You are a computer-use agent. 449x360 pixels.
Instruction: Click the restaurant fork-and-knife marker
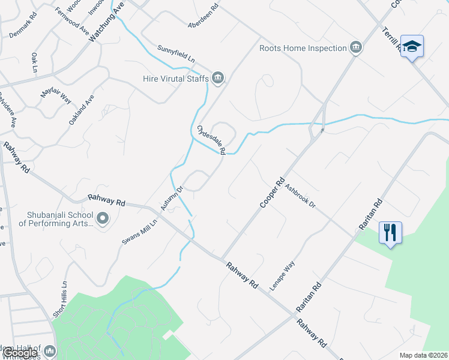coord(390,232)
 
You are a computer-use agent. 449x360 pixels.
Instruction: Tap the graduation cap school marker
coord(412,46)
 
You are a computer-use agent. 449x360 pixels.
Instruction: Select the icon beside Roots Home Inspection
coord(356,48)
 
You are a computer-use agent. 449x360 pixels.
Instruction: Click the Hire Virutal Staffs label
coord(176,78)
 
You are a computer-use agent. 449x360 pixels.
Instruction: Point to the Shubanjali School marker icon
coord(102,219)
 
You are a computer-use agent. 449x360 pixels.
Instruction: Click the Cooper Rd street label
coord(271,193)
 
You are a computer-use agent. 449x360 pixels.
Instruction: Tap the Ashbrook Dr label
coord(300,196)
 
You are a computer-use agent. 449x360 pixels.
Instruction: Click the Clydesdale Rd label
coord(211,140)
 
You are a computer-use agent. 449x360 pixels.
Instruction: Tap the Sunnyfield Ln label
coord(176,55)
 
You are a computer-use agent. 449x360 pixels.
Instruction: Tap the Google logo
coord(19,353)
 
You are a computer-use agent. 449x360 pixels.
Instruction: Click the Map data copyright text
coord(424,355)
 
